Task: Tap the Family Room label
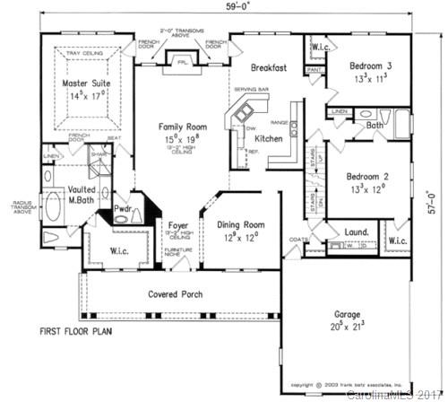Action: [x=183, y=127]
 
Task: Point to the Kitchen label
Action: [x=270, y=139]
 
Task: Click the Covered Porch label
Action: [x=175, y=294]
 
